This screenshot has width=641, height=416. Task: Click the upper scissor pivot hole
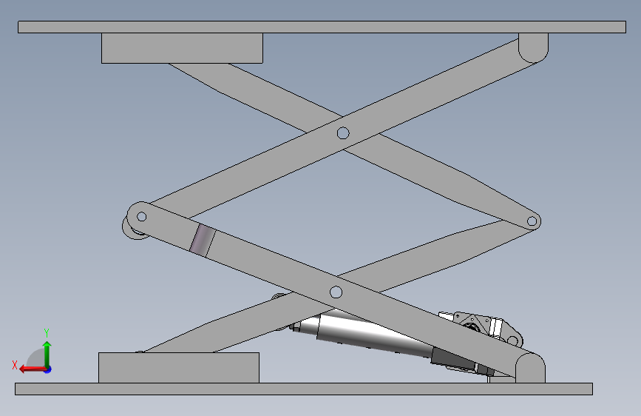click(343, 133)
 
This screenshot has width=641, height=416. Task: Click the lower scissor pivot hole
click(336, 292)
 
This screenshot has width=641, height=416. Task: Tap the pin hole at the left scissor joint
click(141, 216)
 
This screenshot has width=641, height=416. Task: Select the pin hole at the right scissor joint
click(532, 221)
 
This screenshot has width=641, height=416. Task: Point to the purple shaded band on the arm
click(203, 241)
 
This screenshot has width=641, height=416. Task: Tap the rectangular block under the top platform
click(182, 48)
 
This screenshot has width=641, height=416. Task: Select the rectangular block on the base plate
click(179, 368)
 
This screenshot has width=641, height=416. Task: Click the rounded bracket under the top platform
click(533, 47)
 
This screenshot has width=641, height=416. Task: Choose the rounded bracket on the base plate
click(530, 368)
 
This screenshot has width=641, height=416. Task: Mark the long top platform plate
click(322, 27)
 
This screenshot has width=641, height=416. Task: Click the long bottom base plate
click(304, 389)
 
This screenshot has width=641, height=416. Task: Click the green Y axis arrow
click(47, 354)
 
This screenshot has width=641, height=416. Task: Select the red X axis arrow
click(33, 369)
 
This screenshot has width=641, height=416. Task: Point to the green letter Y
click(47, 333)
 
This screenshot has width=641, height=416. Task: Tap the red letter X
click(15, 365)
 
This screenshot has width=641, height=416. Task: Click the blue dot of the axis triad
click(48, 369)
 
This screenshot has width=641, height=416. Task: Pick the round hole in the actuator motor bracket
click(512, 340)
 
